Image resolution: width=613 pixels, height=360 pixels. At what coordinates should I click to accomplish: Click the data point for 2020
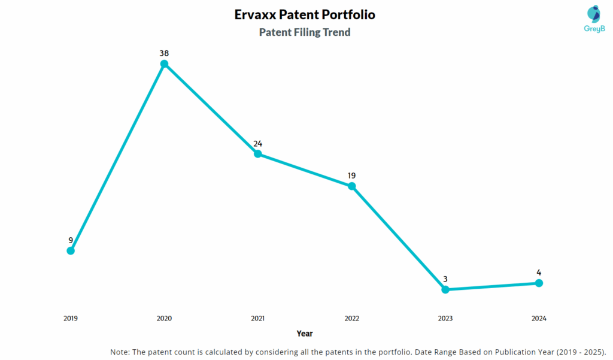pyautogui.click(x=164, y=64)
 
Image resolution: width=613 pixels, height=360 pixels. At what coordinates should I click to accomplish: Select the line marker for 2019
pyautogui.click(x=71, y=250)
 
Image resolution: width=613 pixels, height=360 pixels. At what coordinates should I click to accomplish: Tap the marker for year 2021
pyautogui.click(x=258, y=154)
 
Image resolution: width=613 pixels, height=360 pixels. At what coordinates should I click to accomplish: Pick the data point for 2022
pyautogui.click(x=352, y=186)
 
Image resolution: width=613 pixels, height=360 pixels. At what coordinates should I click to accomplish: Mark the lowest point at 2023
pyautogui.click(x=445, y=289)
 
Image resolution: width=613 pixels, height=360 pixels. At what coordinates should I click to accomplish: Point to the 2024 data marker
pyautogui.click(x=539, y=283)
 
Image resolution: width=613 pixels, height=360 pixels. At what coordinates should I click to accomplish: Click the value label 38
pyautogui.click(x=164, y=53)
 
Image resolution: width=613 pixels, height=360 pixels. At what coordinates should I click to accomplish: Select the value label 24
pyautogui.click(x=258, y=143)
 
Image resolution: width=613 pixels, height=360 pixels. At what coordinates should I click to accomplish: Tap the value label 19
pyautogui.click(x=352, y=176)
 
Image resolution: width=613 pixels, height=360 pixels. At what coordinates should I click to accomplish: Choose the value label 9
pyautogui.click(x=71, y=240)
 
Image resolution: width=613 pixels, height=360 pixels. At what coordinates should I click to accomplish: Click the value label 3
pyautogui.click(x=445, y=279)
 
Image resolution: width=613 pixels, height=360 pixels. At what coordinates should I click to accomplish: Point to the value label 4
pyautogui.click(x=539, y=273)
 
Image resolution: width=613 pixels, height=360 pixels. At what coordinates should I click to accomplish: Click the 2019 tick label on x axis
pyautogui.click(x=71, y=319)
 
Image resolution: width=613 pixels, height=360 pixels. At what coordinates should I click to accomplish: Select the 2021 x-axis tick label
pyautogui.click(x=258, y=319)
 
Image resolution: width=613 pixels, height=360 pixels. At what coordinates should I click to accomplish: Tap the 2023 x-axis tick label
pyautogui.click(x=445, y=319)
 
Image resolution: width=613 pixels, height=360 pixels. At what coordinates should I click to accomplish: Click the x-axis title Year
pyautogui.click(x=305, y=334)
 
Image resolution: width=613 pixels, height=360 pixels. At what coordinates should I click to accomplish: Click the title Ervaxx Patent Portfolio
pyautogui.click(x=305, y=14)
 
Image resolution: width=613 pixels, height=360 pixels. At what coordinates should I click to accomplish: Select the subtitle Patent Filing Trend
pyautogui.click(x=305, y=32)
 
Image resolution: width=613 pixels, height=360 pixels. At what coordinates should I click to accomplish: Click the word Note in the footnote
pyautogui.click(x=120, y=352)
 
